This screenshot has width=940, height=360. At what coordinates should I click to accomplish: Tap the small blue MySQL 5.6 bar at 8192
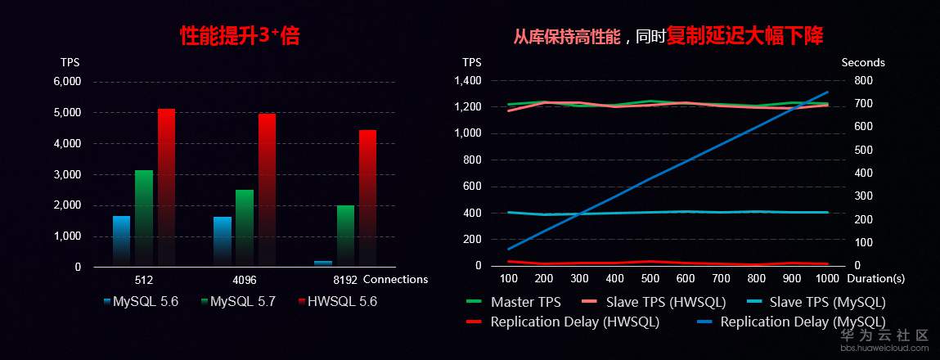pyautogui.click(x=323, y=263)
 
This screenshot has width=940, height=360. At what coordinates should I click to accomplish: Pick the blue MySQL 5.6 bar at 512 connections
pyautogui.click(x=122, y=240)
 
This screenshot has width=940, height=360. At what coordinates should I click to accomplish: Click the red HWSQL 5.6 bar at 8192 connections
pyautogui.click(x=367, y=196)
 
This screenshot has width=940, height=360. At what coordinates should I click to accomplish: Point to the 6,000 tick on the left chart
pyautogui.click(x=67, y=82)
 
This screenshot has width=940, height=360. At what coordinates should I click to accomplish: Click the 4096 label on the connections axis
pyautogui.click(x=245, y=279)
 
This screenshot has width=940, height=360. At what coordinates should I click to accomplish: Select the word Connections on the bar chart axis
pyautogui.click(x=395, y=279)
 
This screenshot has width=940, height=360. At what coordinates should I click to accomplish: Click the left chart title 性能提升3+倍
pyautogui.click(x=234, y=37)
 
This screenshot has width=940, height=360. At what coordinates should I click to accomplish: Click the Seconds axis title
pyautogui.click(x=863, y=62)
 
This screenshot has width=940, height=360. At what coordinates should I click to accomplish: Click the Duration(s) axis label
pyautogui.click(x=876, y=279)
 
